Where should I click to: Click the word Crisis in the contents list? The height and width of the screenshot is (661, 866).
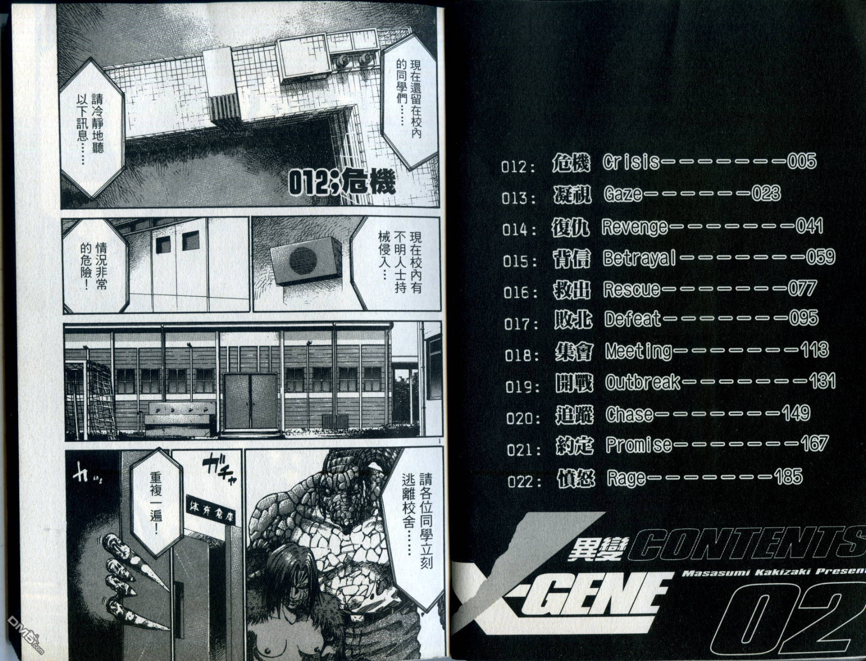631,162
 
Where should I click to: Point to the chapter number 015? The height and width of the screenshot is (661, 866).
520,261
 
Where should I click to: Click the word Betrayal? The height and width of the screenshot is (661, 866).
639,258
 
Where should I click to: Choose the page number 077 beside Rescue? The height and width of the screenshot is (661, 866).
801,289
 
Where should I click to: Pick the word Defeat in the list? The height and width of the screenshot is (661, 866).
633,319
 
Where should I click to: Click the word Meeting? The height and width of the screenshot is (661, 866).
638,351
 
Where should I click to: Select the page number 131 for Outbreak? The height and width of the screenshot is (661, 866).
821,381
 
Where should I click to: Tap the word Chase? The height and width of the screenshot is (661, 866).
630,414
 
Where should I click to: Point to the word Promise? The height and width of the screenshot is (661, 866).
639,445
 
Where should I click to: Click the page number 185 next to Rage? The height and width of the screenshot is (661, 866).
788,476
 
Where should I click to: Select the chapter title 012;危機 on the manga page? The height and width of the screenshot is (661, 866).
341,183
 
